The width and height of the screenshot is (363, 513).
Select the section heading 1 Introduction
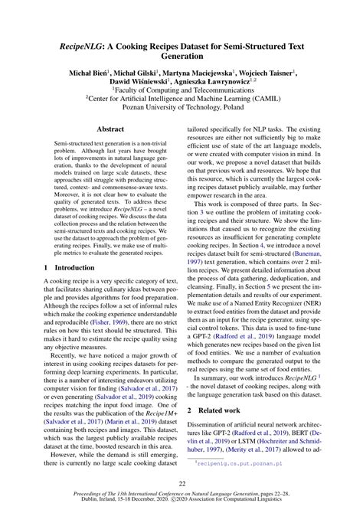[71, 247]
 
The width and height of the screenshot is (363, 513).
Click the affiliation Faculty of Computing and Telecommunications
[181, 90]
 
